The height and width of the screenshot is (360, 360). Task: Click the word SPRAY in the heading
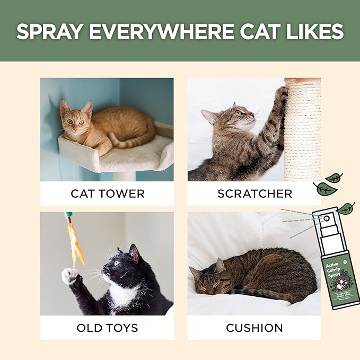(x=49, y=32)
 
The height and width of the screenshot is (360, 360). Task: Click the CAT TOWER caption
(x=107, y=194)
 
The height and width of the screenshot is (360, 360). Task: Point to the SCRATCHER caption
(x=254, y=194)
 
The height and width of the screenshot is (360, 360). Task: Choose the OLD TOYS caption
(x=107, y=328)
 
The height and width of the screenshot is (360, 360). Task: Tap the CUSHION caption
(x=254, y=328)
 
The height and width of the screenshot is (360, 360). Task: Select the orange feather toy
(x=74, y=241)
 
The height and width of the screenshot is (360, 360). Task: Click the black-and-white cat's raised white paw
(x=69, y=275)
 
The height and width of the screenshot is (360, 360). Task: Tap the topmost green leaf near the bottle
(x=334, y=178)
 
